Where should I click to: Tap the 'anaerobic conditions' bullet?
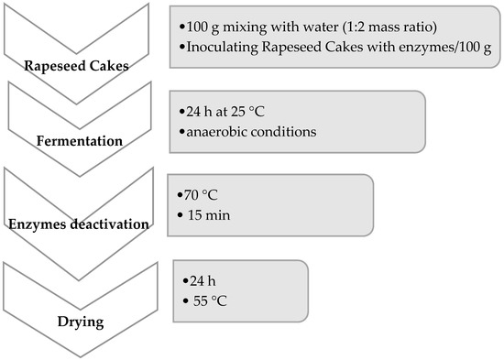(250, 131)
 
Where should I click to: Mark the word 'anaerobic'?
(217, 131)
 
